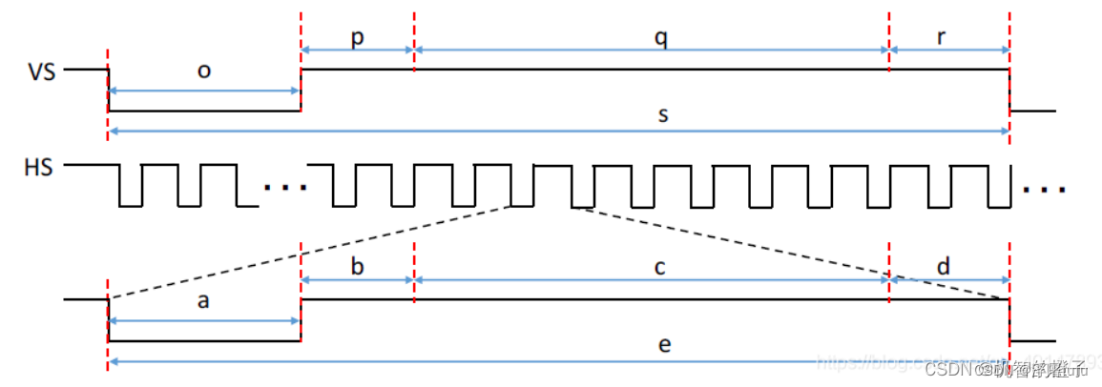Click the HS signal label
click(38, 167)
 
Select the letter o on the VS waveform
click(204, 72)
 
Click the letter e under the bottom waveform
click(665, 345)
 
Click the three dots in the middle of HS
click(285, 187)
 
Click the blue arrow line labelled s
click(477, 131)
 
